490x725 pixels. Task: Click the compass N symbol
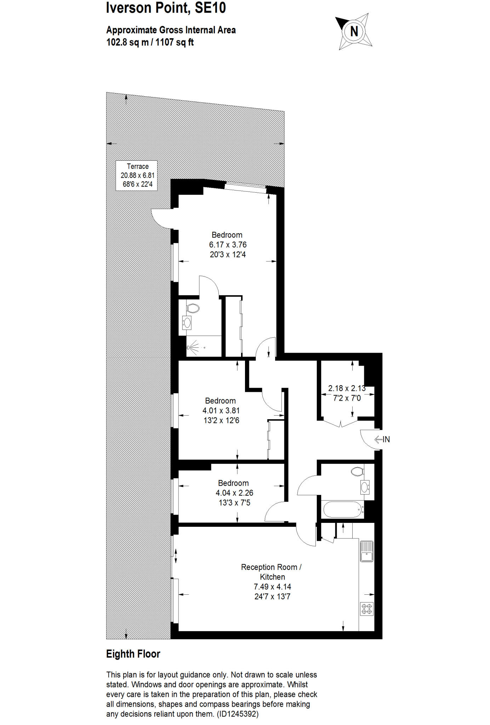click(354, 32)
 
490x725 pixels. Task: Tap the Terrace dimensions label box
click(137, 175)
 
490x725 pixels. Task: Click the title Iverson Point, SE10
click(166, 8)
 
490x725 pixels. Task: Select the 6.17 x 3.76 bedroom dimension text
click(228, 245)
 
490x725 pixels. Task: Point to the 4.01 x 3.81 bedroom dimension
click(221, 411)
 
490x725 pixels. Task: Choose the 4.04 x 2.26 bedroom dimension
click(234, 493)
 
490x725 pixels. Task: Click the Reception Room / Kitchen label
click(272, 572)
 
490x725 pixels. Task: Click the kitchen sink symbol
click(366, 551)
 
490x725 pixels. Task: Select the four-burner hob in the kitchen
click(366, 609)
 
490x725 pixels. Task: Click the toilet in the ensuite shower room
click(193, 308)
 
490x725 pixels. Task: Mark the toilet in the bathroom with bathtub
click(358, 471)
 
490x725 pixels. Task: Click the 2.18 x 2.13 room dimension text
click(347, 388)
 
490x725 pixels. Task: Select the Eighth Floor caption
click(133, 654)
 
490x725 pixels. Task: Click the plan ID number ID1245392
click(238, 714)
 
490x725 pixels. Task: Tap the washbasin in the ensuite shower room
click(187, 322)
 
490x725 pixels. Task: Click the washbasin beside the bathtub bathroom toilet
click(365, 487)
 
